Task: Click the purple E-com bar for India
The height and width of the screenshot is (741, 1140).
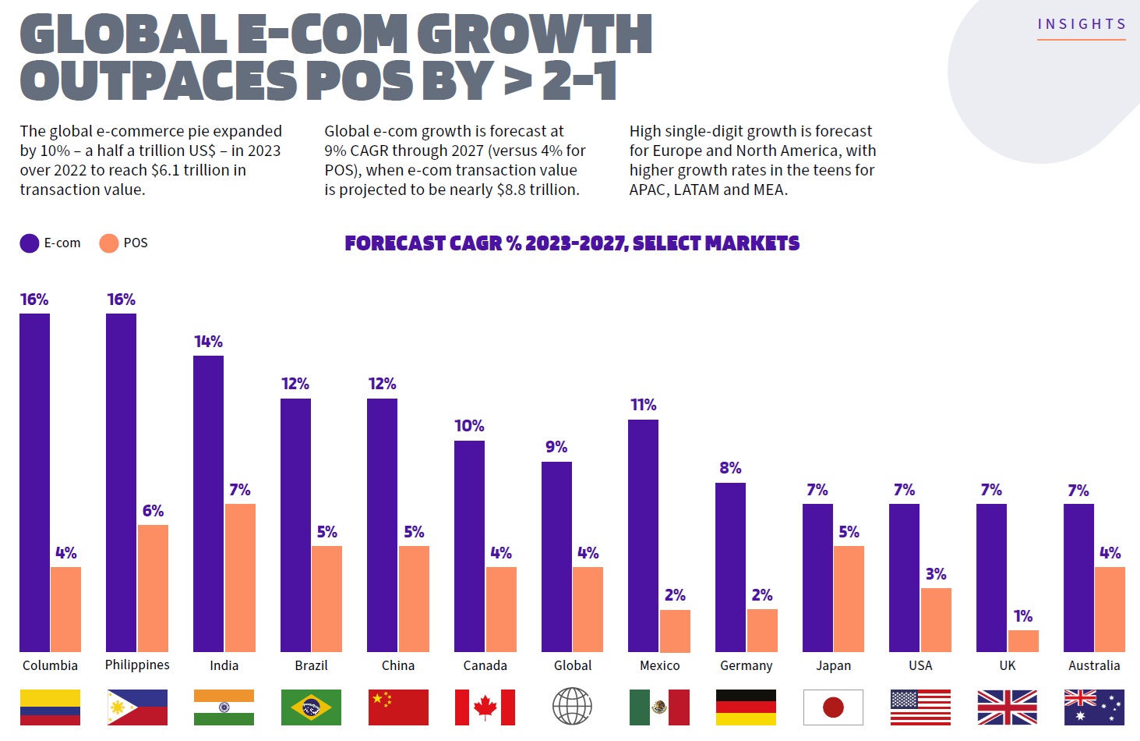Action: click(x=208, y=503)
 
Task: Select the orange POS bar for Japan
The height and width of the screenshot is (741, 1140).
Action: click(x=849, y=598)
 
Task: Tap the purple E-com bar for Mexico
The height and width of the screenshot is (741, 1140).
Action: click(x=643, y=535)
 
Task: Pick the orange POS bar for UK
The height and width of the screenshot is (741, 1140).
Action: click(x=1023, y=640)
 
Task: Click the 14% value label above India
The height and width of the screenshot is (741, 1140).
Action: click(x=208, y=342)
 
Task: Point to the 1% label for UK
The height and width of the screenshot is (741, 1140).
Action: click(x=1023, y=616)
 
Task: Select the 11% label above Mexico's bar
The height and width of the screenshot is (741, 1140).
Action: click(x=643, y=405)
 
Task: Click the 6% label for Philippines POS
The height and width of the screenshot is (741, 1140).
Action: click(x=153, y=511)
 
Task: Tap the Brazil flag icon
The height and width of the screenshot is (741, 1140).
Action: click(x=311, y=707)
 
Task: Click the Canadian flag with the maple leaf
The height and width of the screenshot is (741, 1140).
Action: click(x=485, y=707)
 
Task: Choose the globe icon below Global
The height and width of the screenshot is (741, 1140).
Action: click(x=572, y=707)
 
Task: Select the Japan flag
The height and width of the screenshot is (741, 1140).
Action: click(x=833, y=707)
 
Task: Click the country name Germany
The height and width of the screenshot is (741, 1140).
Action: click(x=746, y=665)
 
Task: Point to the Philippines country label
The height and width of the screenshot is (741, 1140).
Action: click(x=137, y=665)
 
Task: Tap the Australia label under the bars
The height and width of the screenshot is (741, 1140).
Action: click(x=1094, y=665)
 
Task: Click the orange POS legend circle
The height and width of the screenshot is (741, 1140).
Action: click(x=109, y=243)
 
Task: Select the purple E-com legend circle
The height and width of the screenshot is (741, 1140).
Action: click(x=30, y=243)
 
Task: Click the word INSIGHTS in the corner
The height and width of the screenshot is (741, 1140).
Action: click(x=1082, y=24)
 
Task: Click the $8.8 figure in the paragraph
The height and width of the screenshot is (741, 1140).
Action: click(x=511, y=190)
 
